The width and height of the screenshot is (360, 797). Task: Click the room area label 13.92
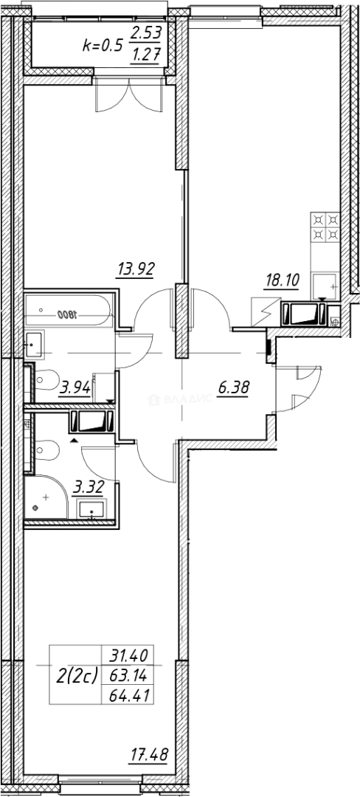pos(136,269)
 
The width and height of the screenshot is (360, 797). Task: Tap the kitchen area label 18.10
pos(281,280)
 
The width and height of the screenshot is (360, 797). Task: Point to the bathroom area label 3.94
pos(75,385)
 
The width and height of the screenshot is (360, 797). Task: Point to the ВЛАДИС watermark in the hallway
pos(181,399)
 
